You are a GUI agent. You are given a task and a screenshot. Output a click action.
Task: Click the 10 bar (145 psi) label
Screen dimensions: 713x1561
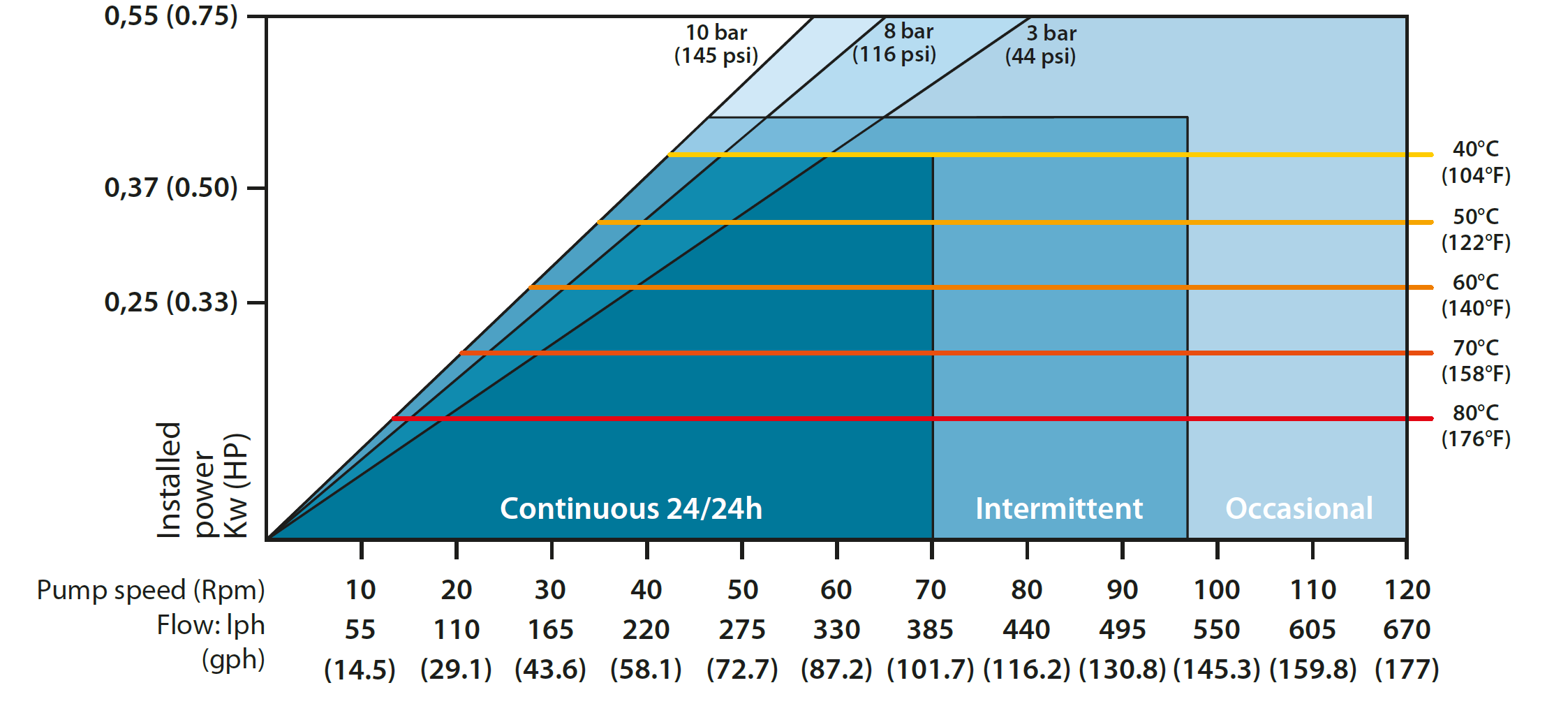click(716, 44)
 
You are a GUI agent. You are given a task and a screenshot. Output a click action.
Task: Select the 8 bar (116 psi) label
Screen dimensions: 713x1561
click(894, 43)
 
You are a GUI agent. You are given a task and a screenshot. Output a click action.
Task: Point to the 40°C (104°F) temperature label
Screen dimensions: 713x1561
click(1476, 162)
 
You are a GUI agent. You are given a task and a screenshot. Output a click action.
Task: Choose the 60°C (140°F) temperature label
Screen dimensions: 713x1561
click(1476, 295)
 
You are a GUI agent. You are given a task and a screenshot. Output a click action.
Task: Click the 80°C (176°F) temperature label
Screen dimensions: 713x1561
click(1476, 425)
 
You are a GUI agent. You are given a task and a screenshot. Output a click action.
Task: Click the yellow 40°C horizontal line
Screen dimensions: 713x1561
click(1047, 154)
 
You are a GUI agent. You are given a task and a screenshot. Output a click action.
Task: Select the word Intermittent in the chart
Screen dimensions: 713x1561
click(1059, 508)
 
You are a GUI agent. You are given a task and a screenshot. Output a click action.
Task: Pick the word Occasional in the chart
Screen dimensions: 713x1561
click(1299, 508)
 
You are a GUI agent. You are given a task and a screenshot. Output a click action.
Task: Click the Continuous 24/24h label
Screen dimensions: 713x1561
click(631, 508)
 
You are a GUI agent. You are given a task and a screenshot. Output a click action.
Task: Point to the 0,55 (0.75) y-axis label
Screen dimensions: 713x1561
click(171, 16)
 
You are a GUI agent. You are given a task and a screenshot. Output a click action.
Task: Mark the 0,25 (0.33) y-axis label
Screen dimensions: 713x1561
click(171, 302)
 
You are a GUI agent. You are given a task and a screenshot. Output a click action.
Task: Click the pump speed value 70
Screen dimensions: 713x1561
click(931, 590)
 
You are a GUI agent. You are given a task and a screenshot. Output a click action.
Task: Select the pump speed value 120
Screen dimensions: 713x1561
click(1407, 590)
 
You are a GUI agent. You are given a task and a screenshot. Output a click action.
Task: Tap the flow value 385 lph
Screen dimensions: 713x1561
click(931, 630)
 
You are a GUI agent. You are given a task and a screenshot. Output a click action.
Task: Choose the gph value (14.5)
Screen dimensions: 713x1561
click(360, 670)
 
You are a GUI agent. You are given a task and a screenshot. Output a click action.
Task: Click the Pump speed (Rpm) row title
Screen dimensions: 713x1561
click(151, 590)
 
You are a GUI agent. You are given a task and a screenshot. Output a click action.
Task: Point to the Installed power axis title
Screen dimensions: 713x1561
click(202, 480)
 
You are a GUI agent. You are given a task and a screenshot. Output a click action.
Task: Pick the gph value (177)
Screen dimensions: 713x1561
click(1407, 670)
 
